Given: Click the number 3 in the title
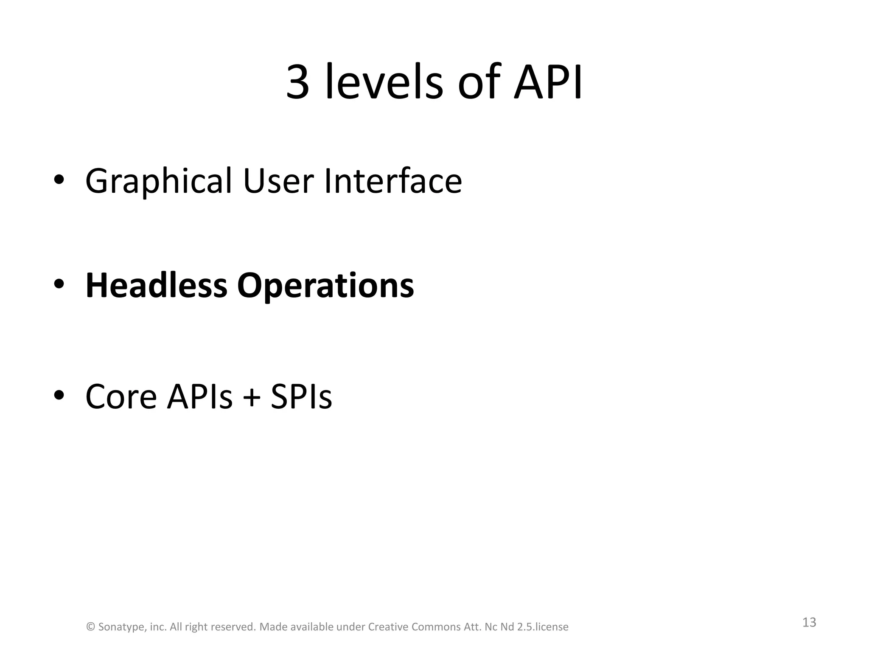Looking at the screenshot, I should click(298, 82).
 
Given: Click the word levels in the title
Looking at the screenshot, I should click(384, 82).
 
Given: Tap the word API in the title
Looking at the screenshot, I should click(548, 82).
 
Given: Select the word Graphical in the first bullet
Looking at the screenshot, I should click(159, 182).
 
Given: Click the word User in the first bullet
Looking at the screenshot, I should click(278, 181).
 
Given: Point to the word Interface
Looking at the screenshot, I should click(393, 181).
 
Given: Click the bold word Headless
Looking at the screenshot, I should click(156, 285).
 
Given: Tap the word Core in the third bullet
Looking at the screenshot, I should click(121, 396).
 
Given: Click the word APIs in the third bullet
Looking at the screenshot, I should click(200, 396).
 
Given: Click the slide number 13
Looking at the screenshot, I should click(809, 622).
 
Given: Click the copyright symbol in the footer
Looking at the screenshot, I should click(90, 627).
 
